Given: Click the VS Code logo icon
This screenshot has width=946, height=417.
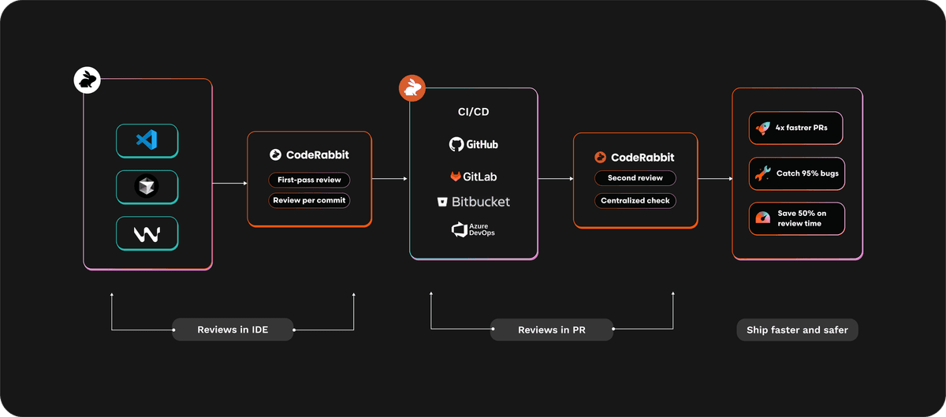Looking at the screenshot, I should [x=147, y=140].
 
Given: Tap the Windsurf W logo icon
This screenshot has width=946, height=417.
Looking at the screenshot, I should [x=147, y=234].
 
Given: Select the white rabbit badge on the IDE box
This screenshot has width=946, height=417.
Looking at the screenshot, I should [x=86, y=80].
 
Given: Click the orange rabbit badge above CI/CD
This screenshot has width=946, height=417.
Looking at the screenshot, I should [x=412, y=88].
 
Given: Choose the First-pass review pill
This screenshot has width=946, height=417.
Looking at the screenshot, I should [x=309, y=181].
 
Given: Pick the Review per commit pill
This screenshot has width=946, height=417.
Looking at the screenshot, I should [x=309, y=200].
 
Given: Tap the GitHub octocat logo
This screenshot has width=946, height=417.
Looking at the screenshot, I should [x=456, y=144].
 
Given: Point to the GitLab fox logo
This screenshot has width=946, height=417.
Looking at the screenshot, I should [x=456, y=176].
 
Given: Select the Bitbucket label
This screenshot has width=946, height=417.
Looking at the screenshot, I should [x=481, y=202].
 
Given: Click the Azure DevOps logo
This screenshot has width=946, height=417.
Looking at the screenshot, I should [x=460, y=229].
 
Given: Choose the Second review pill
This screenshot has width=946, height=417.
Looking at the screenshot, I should [x=634, y=178].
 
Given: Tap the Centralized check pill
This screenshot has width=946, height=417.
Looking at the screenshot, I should [x=635, y=200].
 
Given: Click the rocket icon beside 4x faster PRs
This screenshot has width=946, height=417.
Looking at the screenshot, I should [x=762, y=128].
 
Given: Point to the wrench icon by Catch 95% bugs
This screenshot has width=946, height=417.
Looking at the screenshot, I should [x=762, y=173].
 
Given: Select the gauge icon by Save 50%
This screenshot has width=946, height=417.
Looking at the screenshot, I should [x=762, y=218].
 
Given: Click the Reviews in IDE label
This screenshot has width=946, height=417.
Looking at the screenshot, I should [x=233, y=330].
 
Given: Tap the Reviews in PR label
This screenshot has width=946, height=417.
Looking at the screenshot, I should [x=552, y=330].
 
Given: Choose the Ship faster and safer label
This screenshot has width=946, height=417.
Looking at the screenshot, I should [x=797, y=330].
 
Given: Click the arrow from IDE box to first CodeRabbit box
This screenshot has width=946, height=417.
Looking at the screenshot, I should [x=229, y=184].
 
